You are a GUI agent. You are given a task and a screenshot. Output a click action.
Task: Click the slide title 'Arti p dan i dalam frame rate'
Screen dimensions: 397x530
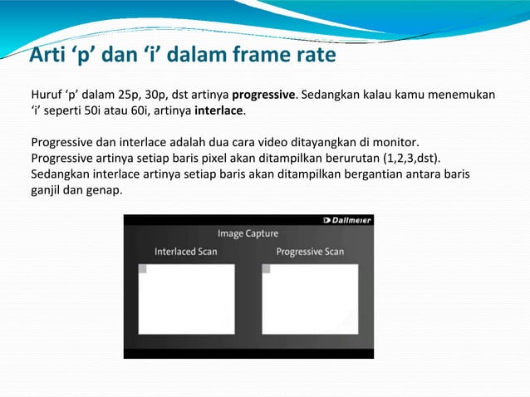[x=182, y=56]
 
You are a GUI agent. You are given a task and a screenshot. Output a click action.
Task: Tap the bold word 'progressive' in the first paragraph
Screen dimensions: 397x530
[x=263, y=94]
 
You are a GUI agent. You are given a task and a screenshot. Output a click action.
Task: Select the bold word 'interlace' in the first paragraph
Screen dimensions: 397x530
[x=218, y=110]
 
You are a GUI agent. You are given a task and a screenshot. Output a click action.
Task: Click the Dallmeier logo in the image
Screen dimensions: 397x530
[x=347, y=220]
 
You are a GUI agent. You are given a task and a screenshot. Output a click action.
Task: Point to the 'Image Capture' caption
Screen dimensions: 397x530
[x=248, y=234]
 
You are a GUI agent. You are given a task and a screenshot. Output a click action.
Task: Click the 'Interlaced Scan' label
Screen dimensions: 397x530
[x=185, y=252]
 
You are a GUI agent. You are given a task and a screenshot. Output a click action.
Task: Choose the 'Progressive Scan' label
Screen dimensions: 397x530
[x=309, y=252]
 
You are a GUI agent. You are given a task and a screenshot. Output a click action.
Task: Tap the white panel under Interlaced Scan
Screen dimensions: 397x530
[x=186, y=299]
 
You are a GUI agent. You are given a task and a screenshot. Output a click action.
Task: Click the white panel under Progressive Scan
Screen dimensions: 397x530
[x=310, y=299]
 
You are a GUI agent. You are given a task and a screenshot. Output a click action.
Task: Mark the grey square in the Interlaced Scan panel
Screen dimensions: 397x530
[x=142, y=269]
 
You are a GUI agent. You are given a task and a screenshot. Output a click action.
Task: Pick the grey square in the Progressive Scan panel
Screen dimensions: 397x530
[x=266, y=269]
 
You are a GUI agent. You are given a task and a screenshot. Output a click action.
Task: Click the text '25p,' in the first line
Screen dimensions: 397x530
[x=130, y=94]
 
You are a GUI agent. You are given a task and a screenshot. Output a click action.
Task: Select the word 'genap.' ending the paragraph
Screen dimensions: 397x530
[x=104, y=190]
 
